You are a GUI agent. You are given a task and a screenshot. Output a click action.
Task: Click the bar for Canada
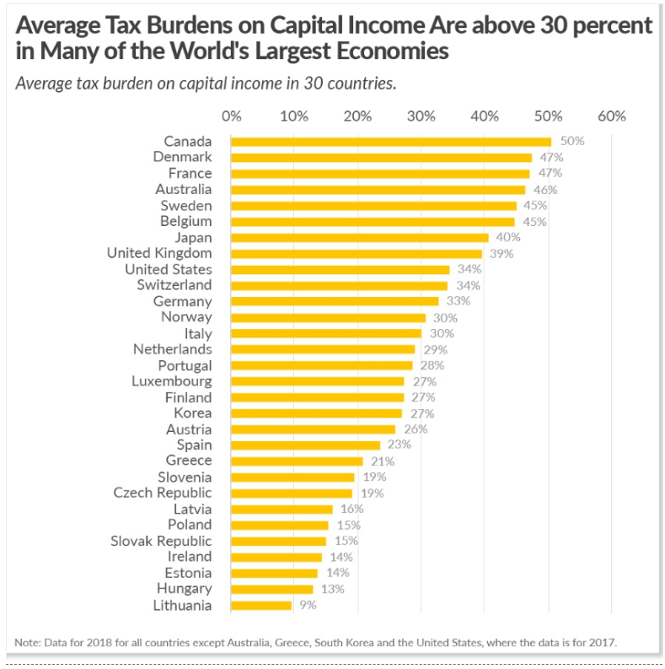tap(390, 142)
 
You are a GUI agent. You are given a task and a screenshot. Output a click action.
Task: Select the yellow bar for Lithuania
tap(261, 605)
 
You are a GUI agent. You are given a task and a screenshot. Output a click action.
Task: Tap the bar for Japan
tap(359, 237)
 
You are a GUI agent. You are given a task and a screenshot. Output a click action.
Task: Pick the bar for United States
tap(340, 269)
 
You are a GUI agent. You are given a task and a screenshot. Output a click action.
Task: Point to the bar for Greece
tap(297, 461)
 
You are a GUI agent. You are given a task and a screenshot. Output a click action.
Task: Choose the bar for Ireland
tap(276, 557)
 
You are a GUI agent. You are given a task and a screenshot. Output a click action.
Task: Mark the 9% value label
tap(307, 605)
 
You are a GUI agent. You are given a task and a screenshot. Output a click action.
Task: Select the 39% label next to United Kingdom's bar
tap(501, 253)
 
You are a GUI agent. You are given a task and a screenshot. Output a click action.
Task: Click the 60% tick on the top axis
tap(612, 116)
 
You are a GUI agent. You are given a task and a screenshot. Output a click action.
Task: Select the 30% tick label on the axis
tap(421, 116)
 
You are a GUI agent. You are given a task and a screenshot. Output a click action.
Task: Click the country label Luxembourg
tap(171, 381)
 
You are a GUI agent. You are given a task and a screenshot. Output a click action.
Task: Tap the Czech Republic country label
tap(163, 493)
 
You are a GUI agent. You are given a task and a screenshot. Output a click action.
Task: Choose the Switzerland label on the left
tap(174, 285)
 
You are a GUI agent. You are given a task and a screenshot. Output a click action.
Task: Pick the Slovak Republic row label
tap(161, 541)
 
